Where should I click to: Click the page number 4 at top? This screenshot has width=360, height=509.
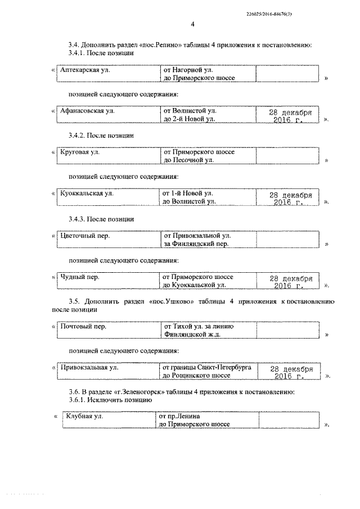192,24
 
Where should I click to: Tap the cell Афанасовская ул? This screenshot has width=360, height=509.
87,111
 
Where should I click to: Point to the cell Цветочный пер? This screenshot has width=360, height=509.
84,235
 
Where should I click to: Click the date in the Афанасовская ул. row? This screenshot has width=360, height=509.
287,116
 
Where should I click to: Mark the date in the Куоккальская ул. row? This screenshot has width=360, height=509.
287,199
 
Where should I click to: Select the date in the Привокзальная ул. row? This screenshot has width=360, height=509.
289,372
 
